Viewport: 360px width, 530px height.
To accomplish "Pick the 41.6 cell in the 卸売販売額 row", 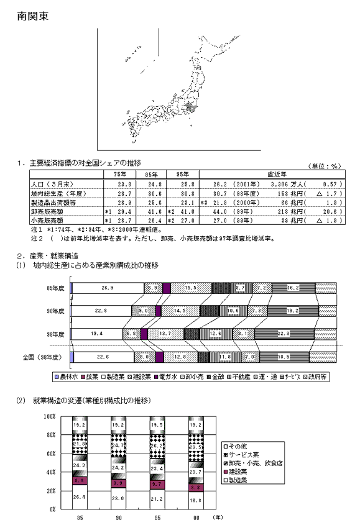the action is coord(154,211).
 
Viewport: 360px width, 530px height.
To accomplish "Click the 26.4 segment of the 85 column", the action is coord(80,496).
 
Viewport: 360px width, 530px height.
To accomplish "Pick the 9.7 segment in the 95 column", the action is coord(157,483).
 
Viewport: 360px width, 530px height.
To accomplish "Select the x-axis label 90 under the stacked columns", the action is coord(119,516).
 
